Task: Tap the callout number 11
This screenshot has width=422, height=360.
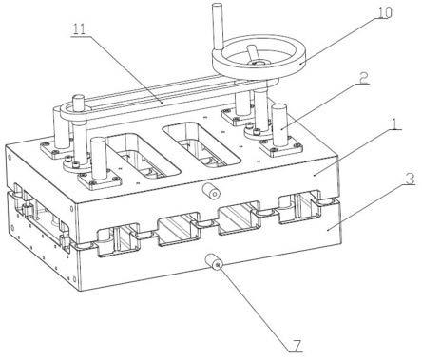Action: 79,29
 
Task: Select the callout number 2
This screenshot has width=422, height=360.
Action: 363,78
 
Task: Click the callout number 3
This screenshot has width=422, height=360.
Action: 410,179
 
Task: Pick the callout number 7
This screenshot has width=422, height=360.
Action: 296,346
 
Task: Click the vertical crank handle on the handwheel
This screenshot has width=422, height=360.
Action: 219,27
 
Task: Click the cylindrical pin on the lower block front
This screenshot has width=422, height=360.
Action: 215,262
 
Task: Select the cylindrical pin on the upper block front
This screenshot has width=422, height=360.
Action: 211,191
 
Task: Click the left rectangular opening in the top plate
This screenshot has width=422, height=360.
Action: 143,156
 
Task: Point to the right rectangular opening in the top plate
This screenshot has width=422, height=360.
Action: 201,144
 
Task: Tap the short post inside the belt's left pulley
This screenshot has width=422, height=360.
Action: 78,104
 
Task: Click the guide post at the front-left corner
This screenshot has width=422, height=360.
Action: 99,158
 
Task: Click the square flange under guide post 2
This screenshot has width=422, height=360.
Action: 280,147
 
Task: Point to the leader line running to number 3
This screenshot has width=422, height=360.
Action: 368,208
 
